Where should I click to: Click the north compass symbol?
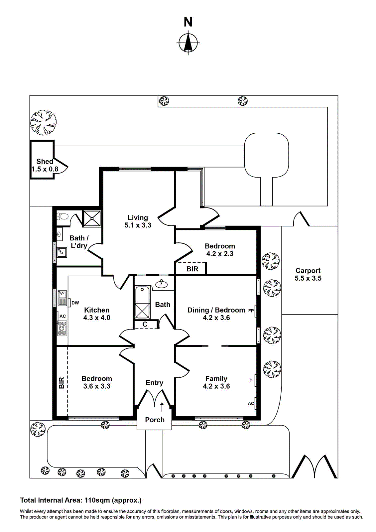(x=188, y=43)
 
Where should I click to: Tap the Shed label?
(x=45, y=161)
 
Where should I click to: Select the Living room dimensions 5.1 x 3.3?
(x=138, y=225)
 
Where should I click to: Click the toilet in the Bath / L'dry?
(x=63, y=217)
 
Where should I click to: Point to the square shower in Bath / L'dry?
(x=92, y=218)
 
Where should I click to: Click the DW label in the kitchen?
(x=75, y=303)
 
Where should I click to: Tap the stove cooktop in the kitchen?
(x=63, y=328)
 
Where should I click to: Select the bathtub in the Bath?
(x=143, y=303)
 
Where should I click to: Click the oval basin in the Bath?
(x=162, y=284)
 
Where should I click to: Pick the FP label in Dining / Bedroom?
(x=251, y=311)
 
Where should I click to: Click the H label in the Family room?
(x=251, y=380)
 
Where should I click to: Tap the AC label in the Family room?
(x=251, y=403)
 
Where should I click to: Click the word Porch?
(x=155, y=420)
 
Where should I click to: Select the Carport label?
(x=308, y=271)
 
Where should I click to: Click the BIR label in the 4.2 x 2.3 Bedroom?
(x=192, y=269)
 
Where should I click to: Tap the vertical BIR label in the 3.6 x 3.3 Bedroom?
(x=62, y=383)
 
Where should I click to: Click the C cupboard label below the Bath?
(x=145, y=324)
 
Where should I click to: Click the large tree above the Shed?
(x=44, y=123)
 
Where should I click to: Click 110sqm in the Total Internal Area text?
(x=97, y=500)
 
